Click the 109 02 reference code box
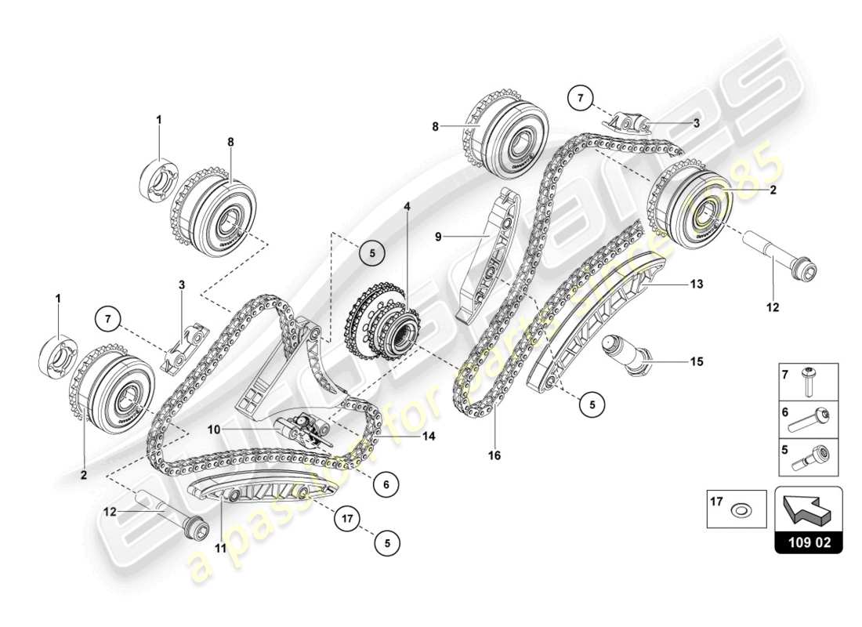pos(809,540)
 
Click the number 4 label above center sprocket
pos(407,207)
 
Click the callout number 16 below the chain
pos(494,455)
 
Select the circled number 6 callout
pos(386,485)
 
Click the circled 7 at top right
pos(581,99)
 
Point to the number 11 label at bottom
pos(220,548)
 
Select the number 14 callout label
pos(428,436)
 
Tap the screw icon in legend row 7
pos(809,381)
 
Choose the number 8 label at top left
pos(230,143)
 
